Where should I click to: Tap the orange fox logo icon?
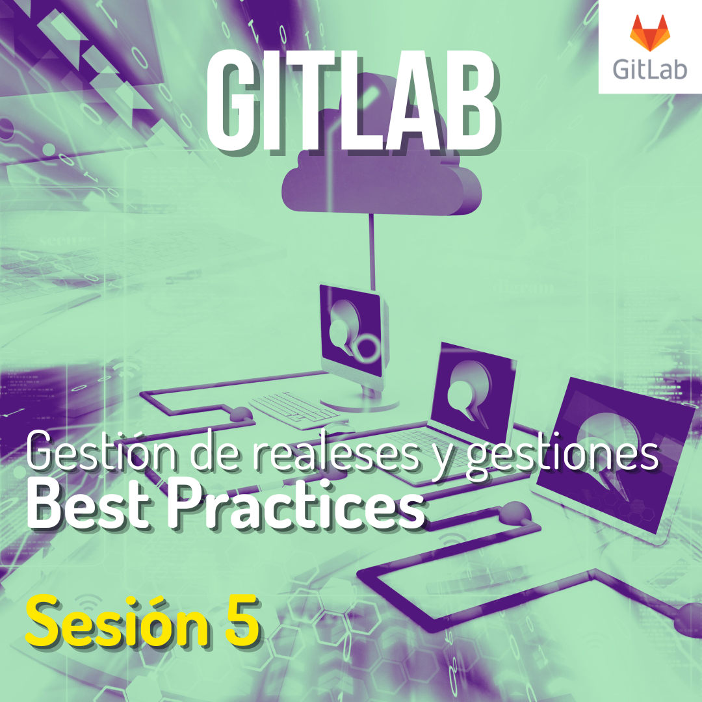(649, 33)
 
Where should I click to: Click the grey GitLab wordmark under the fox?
(649, 70)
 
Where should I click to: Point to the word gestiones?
(562, 455)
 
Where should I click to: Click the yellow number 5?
(242, 621)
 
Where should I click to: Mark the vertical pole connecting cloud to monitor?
(371, 252)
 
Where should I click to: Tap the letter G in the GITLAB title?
(228, 100)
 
